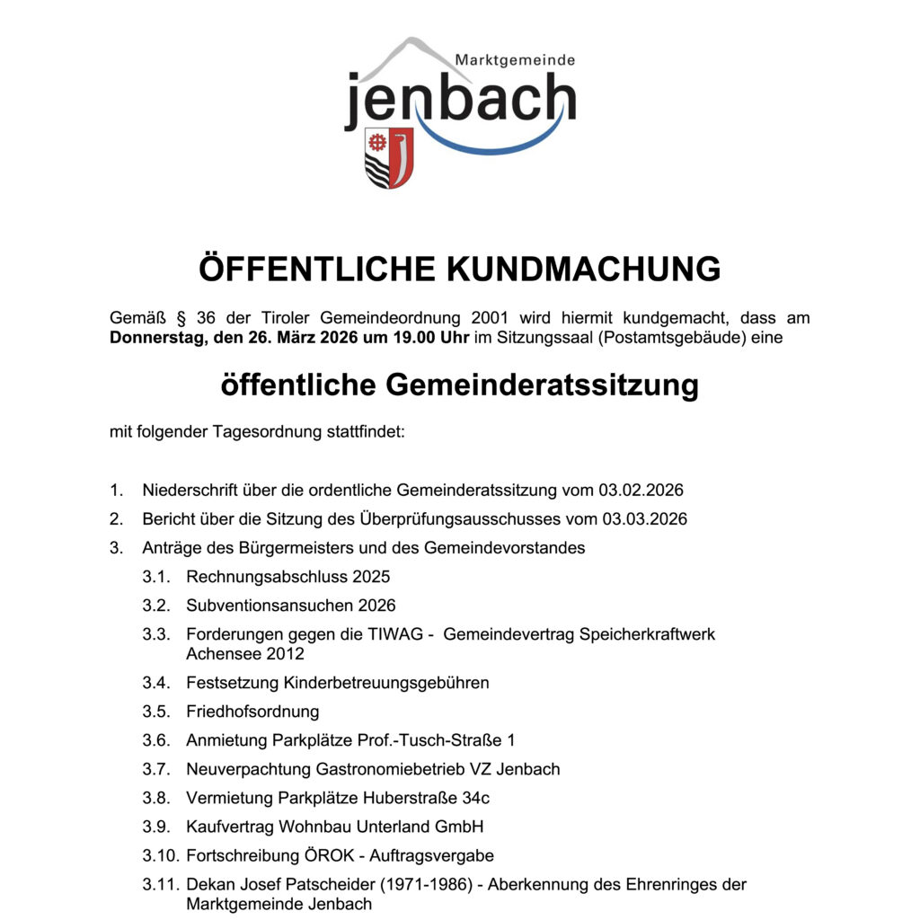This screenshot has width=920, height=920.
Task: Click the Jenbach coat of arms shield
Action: (x=389, y=157)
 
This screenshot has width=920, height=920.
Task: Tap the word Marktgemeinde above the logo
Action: (x=514, y=59)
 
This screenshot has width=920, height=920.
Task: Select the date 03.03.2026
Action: (x=645, y=519)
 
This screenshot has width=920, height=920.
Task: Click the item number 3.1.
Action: (x=156, y=577)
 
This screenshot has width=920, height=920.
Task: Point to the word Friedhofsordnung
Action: (x=252, y=712)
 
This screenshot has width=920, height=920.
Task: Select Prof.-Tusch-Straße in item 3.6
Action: (x=431, y=740)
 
